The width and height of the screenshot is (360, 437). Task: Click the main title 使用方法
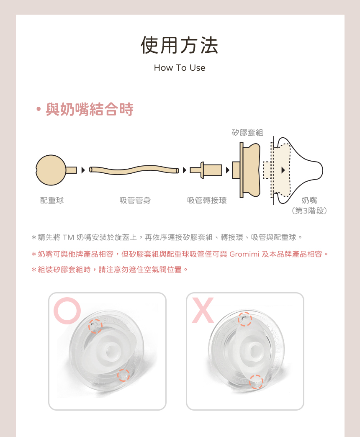click(x=180, y=46)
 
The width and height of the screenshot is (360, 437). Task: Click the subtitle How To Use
click(x=180, y=68)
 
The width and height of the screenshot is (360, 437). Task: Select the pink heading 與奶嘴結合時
click(x=89, y=109)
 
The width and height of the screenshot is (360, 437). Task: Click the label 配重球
click(x=52, y=201)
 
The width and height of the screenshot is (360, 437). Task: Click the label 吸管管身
click(x=135, y=201)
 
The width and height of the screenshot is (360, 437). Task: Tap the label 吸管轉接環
click(x=207, y=201)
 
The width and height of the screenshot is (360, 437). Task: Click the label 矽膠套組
click(x=247, y=133)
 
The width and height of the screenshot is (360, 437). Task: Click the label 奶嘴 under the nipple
click(x=309, y=201)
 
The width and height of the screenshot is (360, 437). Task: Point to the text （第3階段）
click(x=309, y=211)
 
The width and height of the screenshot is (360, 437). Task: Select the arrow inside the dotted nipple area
click(x=283, y=170)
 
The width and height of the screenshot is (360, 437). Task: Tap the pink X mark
click(x=203, y=310)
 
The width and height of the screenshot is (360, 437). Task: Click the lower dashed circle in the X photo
click(x=256, y=382)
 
